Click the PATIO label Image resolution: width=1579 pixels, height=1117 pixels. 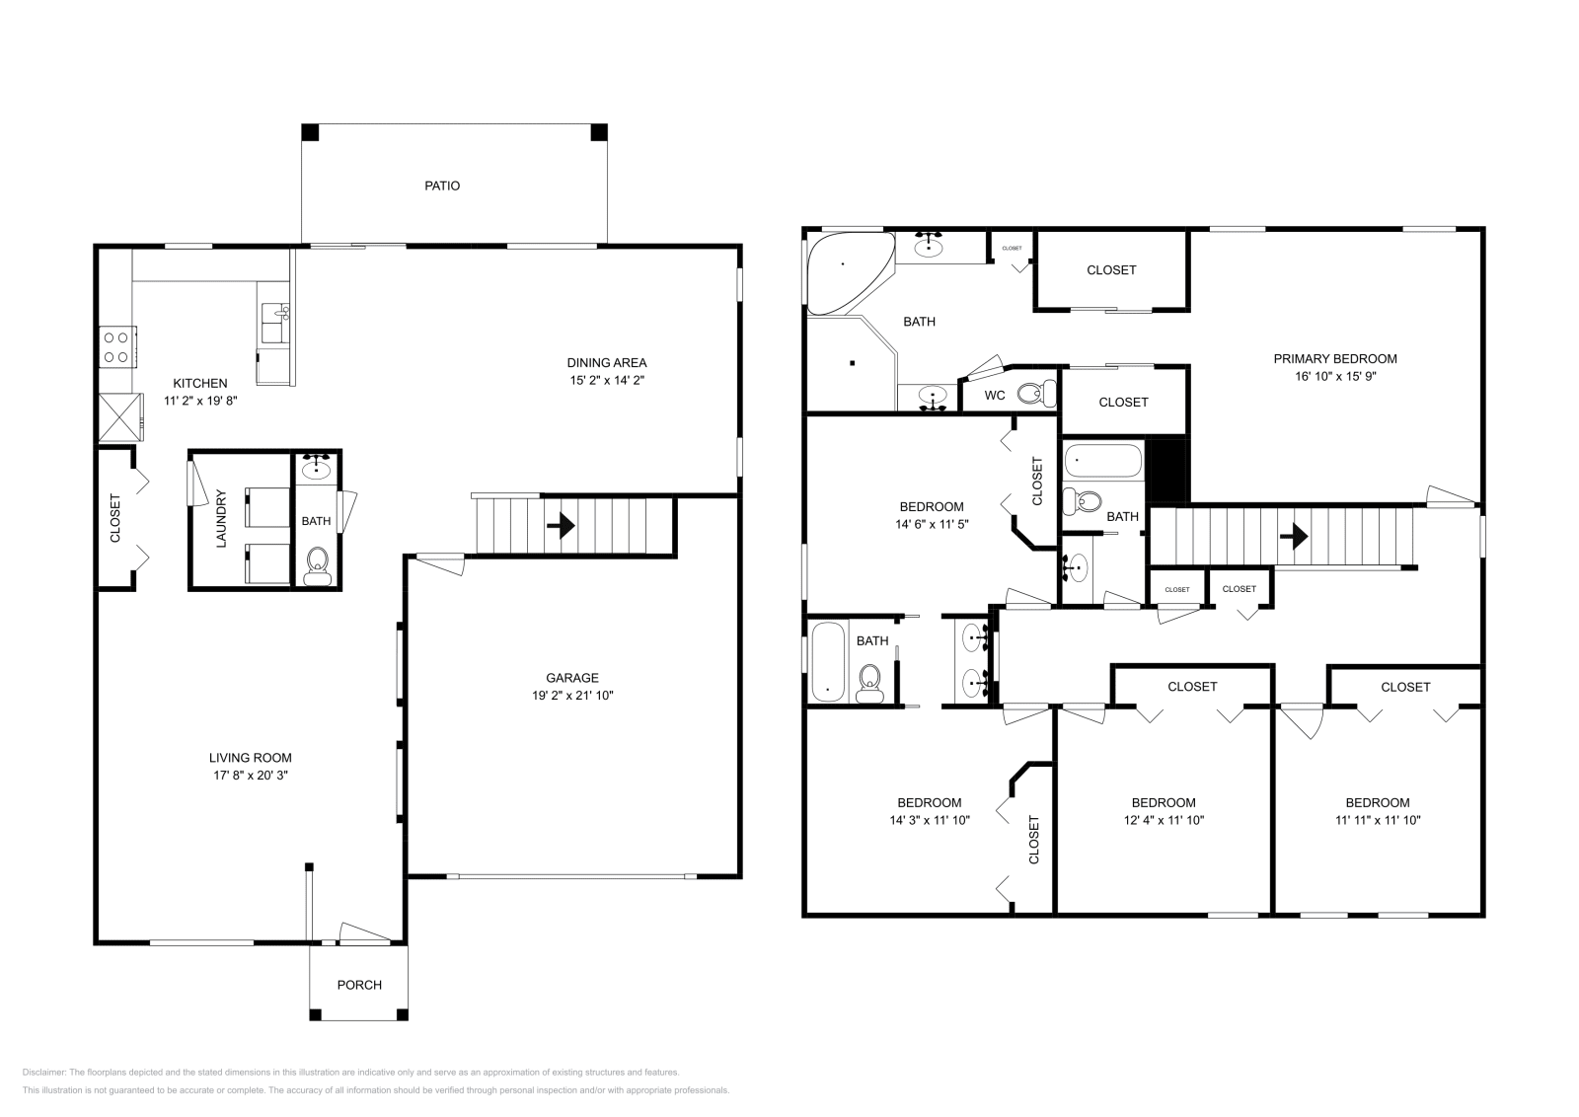point(442,186)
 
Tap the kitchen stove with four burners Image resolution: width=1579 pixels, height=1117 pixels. point(117,346)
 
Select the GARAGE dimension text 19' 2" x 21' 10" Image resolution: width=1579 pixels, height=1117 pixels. point(572,695)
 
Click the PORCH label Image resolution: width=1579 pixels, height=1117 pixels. point(359,985)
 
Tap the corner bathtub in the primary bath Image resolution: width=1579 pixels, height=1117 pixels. point(844,269)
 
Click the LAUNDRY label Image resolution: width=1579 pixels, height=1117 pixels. point(221,519)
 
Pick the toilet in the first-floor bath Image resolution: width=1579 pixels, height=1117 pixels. point(317,566)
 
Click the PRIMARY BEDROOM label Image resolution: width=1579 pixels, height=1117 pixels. point(1335,359)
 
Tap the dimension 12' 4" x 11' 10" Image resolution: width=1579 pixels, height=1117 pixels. point(1164,820)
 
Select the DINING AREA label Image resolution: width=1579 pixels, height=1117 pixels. point(607,362)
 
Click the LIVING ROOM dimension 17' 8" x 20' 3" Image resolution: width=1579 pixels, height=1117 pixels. point(251,776)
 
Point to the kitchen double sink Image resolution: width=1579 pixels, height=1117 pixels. point(273,316)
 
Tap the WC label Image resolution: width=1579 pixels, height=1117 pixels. point(995,396)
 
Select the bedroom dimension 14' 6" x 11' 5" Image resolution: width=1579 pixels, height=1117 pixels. point(932,525)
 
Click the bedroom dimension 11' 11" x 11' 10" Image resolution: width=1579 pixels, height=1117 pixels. point(1378,820)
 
